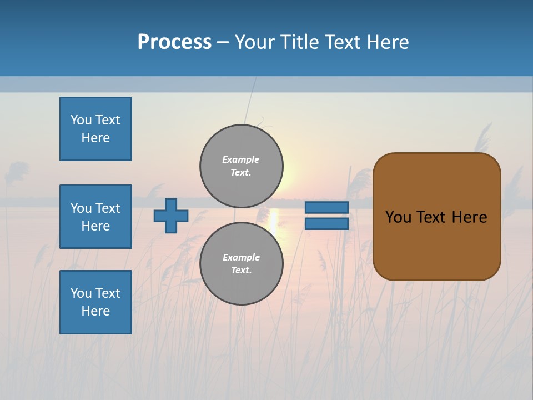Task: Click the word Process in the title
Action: point(174,42)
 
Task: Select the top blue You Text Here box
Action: point(95,129)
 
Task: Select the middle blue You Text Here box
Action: point(95,217)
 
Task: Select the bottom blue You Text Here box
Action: point(95,302)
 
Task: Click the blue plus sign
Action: point(171,216)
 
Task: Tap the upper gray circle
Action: point(242,166)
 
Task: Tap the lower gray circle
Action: point(242,263)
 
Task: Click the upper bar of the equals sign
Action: point(326,207)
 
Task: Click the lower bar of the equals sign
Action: point(326,224)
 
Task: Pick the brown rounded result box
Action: point(436,216)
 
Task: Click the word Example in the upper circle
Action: point(241,159)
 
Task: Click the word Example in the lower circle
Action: point(241,257)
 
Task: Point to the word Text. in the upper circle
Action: point(241,173)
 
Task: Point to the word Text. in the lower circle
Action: point(241,271)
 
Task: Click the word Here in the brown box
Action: point(470,217)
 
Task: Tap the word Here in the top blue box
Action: point(95,138)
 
